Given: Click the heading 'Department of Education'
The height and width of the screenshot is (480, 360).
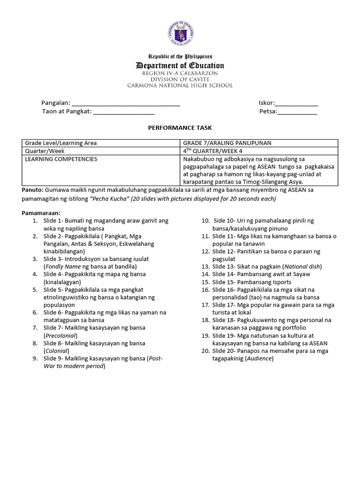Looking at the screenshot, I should pyautogui.click(x=180, y=66).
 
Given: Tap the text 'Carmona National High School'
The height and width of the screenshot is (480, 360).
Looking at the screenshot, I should pyautogui.click(x=180, y=85).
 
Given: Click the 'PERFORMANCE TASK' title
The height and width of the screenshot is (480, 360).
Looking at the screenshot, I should pyautogui.click(x=180, y=127).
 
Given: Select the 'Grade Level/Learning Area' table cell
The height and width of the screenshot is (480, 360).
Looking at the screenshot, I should pyautogui.click(x=61, y=143).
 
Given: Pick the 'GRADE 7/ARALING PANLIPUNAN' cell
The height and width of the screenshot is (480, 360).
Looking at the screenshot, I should pyautogui.click(x=227, y=143).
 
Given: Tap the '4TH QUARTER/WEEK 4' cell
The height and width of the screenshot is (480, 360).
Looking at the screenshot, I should pyautogui.click(x=214, y=151).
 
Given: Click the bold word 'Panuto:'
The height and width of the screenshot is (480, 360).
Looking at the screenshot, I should pyautogui.click(x=32, y=190).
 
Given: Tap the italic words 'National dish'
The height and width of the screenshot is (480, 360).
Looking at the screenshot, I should pyautogui.click(x=303, y=267).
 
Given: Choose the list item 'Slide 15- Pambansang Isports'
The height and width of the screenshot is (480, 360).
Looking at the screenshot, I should pyautogui.click(x=252, y=282).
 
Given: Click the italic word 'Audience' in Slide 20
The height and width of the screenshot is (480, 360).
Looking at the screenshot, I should pyautogui.click(x=259, y=359).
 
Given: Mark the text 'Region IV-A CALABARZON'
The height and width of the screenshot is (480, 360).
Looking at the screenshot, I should pyautogui.click(x=180, y=74).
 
